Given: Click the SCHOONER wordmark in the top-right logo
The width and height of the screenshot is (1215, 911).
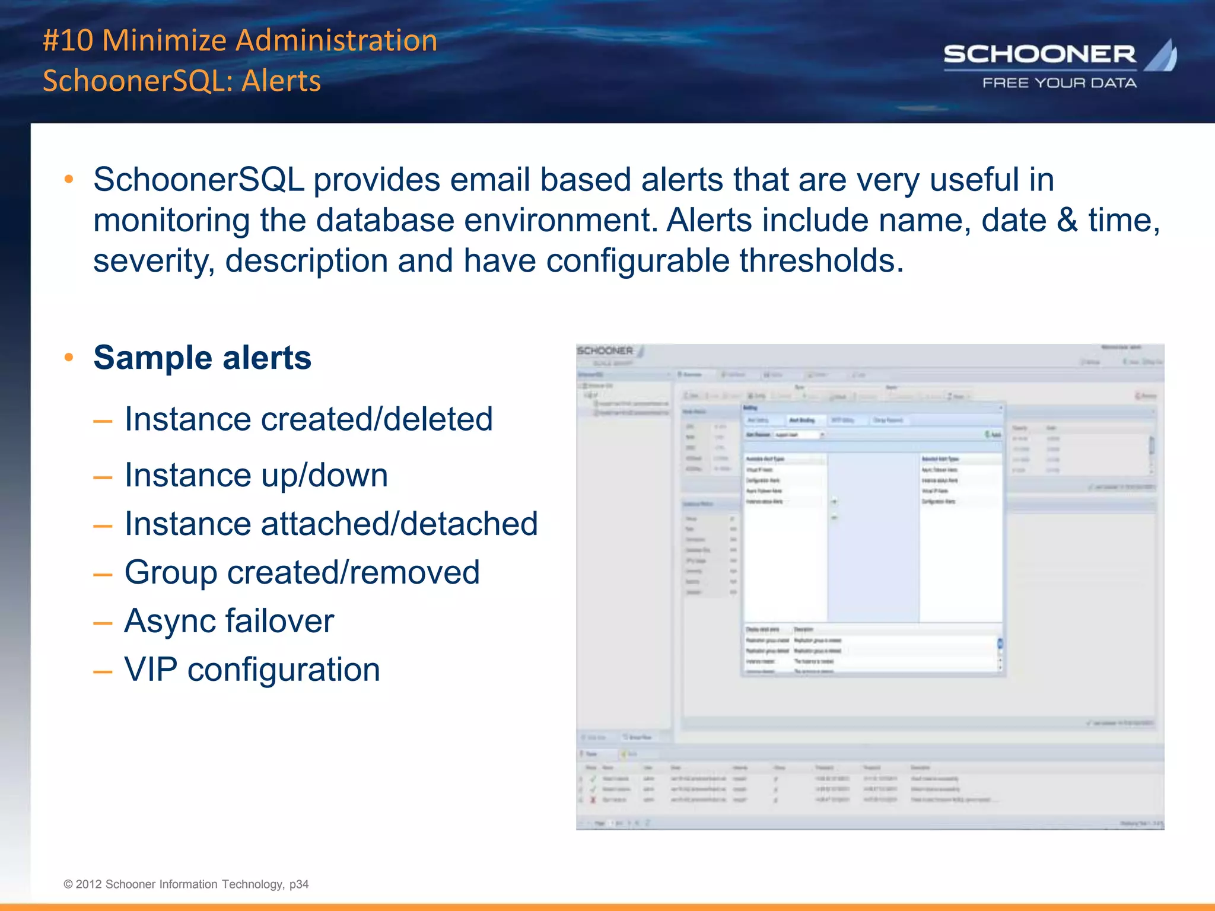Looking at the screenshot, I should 1039,55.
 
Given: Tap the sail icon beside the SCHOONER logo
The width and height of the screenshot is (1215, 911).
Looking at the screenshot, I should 1162,56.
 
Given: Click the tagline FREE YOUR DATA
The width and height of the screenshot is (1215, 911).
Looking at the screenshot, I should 1060,83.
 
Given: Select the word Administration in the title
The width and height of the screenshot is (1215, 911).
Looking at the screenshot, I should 337,40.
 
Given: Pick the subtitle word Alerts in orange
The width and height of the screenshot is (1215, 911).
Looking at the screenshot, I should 281,81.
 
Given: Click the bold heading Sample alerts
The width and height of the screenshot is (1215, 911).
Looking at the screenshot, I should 202,358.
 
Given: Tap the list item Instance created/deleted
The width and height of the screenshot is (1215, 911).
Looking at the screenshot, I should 308,419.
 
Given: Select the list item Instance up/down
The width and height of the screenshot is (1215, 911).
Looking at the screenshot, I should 256,475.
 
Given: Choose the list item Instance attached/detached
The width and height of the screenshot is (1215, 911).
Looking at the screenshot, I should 331,524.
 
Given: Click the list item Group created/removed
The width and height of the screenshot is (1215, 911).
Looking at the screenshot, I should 302,572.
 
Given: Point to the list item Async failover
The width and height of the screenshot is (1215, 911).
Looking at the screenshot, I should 229,621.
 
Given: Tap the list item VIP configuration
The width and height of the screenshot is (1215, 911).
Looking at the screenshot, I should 252,670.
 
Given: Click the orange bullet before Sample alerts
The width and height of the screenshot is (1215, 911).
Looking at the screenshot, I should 69,357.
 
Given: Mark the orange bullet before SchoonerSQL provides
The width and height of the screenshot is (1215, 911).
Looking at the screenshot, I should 69,179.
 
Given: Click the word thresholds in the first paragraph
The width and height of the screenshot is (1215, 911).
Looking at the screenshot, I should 821,260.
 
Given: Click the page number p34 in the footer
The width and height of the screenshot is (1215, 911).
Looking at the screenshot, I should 299,884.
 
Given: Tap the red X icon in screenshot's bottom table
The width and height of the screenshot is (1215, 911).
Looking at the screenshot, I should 593,800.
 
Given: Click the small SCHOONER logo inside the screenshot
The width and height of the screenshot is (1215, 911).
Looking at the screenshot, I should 606,351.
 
